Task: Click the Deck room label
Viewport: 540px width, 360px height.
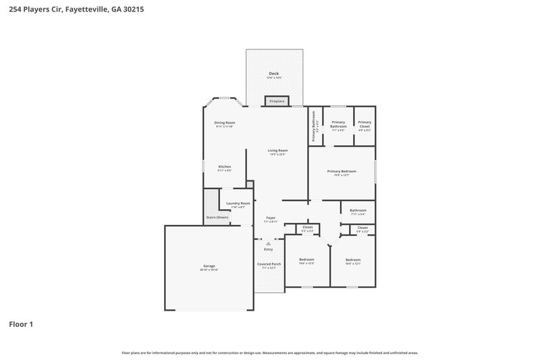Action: point(273,73)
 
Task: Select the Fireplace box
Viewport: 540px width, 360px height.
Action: point(277,101)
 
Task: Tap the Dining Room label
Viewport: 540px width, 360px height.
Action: point(224,122)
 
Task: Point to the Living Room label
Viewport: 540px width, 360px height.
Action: point(277,150)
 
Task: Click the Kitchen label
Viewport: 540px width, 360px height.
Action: point(224,166)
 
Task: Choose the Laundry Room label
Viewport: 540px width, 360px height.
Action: point(238,203)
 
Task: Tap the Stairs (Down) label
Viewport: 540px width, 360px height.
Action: point(217,217)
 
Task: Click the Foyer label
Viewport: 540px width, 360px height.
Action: point(271,217)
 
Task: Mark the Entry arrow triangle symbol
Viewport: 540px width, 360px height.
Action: point(268,243)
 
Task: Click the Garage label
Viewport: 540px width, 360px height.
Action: point(209,265)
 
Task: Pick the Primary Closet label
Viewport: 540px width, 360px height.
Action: point(364,124)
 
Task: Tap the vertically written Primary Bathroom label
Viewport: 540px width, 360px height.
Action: point(314,126)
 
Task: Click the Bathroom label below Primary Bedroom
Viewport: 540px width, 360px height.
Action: point(358,210)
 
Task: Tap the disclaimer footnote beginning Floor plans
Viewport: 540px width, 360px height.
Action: point(269,353)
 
